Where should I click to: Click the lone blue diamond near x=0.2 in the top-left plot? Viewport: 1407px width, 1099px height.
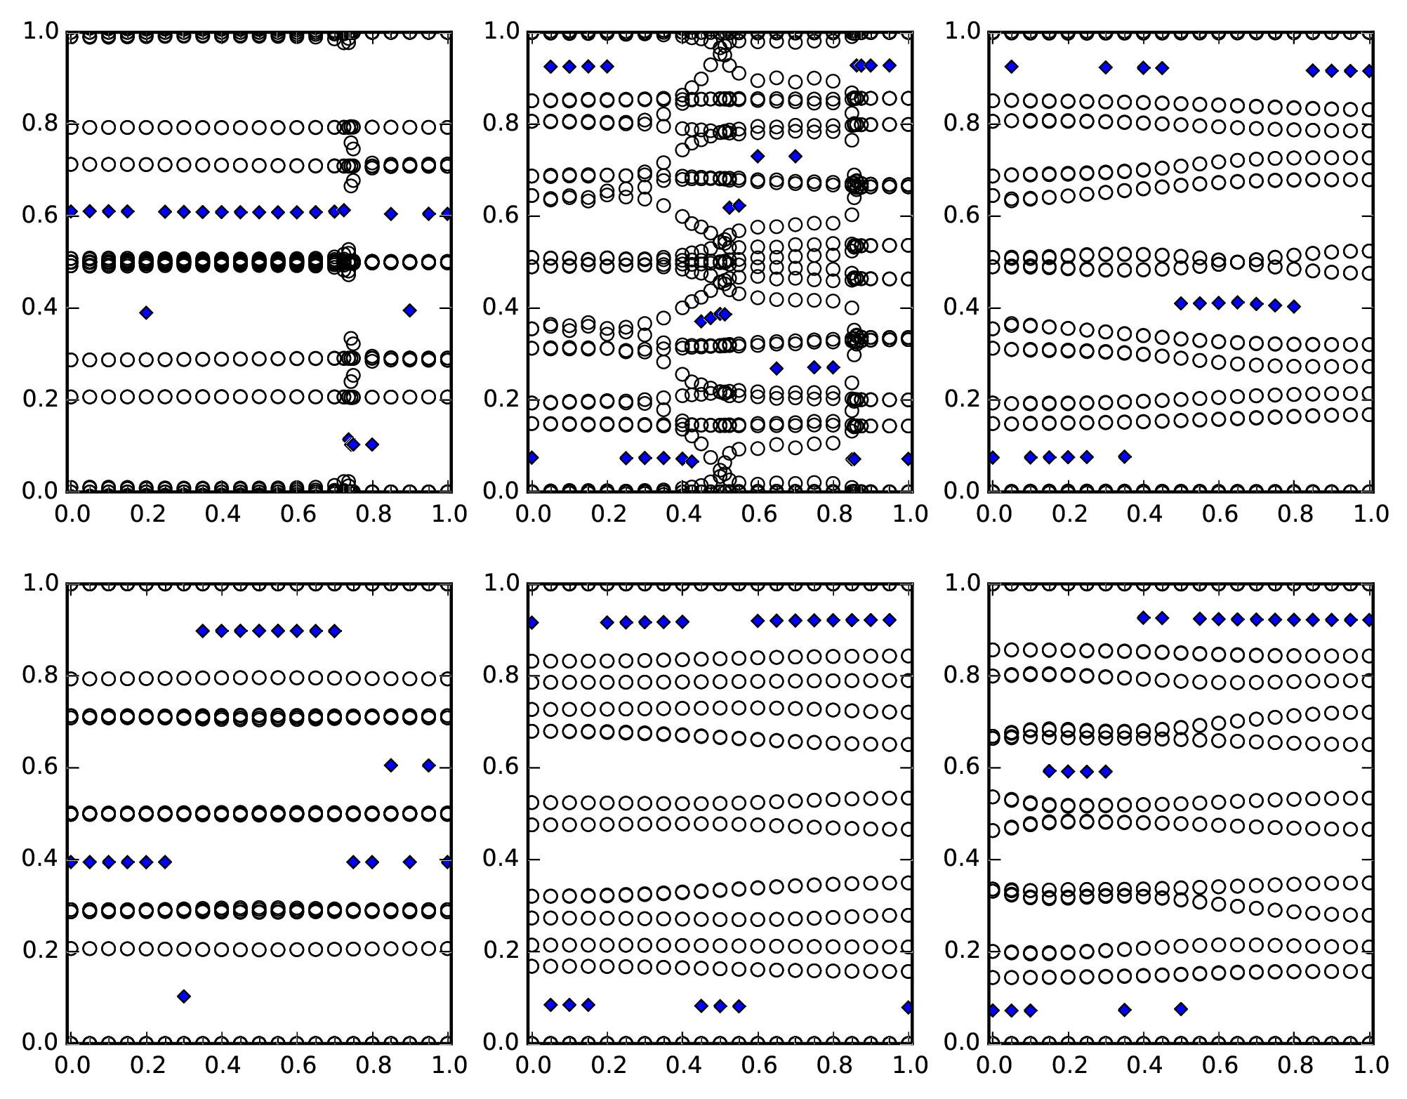[x=146, y=312]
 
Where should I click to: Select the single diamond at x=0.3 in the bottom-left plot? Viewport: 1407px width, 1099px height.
[x=184, y=996]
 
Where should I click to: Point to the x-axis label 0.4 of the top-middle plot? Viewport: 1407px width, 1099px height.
[x=682, y=514]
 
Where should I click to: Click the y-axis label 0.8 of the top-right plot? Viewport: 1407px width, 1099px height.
[x=961, y=124]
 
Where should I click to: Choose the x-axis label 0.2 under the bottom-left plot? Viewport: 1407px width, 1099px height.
[x=146, y=1065]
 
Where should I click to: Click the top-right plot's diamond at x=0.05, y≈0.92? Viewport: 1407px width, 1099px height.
[x=1011, y=67]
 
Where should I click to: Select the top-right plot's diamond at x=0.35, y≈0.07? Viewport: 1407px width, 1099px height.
[x=1125, y=456]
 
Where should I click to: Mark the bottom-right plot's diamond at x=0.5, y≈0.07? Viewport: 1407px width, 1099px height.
[x=1181, y=1009]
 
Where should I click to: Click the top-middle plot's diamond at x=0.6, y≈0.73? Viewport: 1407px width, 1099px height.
[x=758, y=156]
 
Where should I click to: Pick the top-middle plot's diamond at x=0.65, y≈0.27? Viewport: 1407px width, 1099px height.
[x=777, y=368]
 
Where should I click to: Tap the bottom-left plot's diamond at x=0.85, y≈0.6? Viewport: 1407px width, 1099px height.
[x=391, y=765]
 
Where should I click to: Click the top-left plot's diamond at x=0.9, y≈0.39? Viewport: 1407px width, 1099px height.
[x=410, y=310]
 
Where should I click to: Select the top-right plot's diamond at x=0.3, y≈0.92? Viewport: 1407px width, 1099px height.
[x=1106, y=67]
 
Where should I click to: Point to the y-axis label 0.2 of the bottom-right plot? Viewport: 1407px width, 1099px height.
[x=961, y=950]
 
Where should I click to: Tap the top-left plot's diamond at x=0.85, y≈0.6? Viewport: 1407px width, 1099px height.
[x=391, y=213]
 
